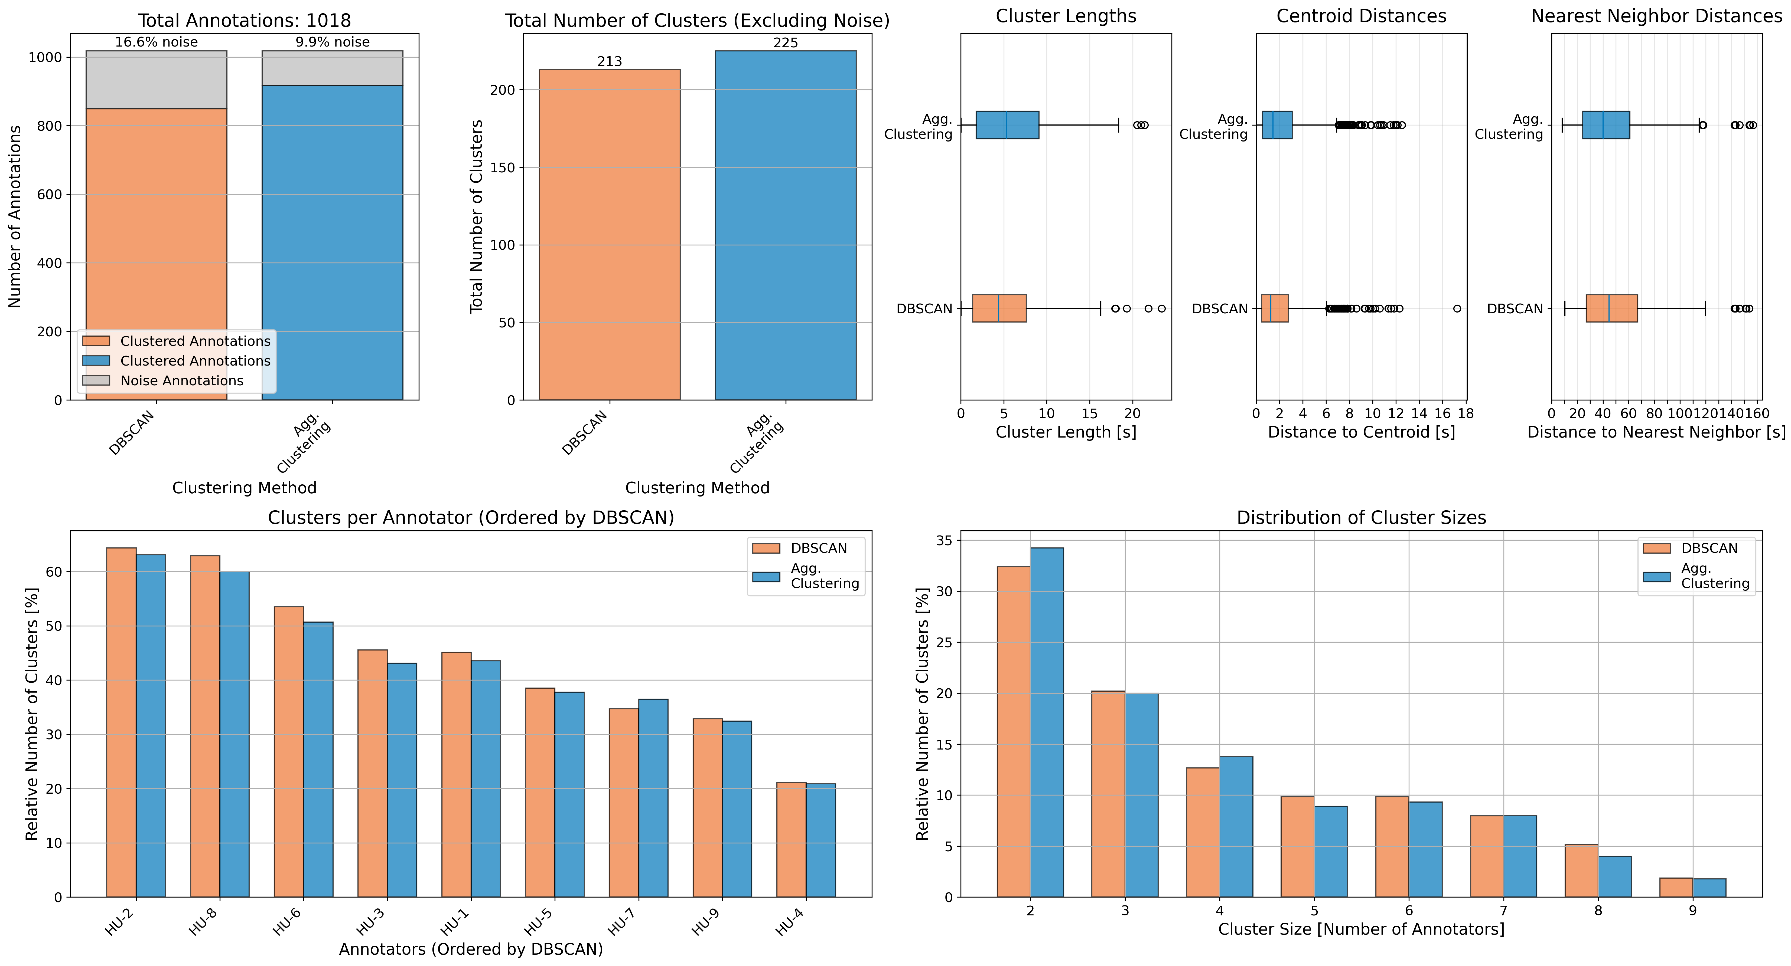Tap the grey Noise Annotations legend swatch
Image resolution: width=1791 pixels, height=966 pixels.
point(96,381)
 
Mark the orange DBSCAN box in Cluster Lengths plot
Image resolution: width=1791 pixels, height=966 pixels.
point(998,308)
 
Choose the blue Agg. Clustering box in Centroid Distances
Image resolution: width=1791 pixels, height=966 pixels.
point(1277,125)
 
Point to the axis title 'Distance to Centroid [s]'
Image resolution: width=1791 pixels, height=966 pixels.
point(1361,432)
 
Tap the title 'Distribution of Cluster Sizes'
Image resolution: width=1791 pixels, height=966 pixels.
point(1361,518)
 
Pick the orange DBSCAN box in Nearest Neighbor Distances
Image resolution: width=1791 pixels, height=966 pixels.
point(1612,308)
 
